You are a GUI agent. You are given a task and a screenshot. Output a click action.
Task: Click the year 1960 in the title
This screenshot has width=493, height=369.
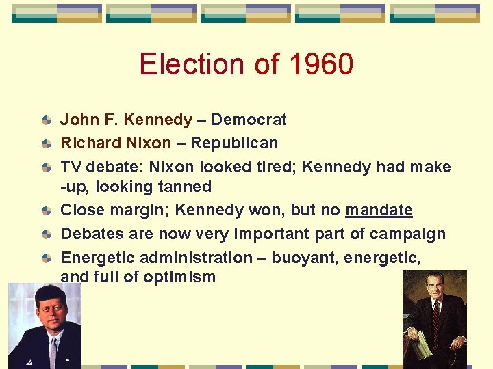(321, 64)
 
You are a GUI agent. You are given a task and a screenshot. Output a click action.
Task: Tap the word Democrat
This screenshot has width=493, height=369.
(249, 120)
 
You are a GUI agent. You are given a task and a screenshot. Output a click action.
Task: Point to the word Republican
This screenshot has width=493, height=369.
(234, 143)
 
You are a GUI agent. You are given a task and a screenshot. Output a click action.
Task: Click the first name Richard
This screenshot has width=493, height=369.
(86, 143)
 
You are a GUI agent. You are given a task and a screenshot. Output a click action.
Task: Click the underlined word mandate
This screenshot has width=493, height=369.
(379, 210)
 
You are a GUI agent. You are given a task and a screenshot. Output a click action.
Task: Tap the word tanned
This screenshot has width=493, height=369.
(186, 187)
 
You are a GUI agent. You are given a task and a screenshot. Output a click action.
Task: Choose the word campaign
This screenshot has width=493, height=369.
(408, 234)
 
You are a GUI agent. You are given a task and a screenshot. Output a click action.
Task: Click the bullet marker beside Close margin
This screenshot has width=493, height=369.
(46, 211)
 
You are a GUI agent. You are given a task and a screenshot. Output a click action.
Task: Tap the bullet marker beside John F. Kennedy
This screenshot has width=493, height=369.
(46, 121)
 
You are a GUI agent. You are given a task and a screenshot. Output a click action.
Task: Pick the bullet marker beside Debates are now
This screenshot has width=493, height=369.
(46, 234)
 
